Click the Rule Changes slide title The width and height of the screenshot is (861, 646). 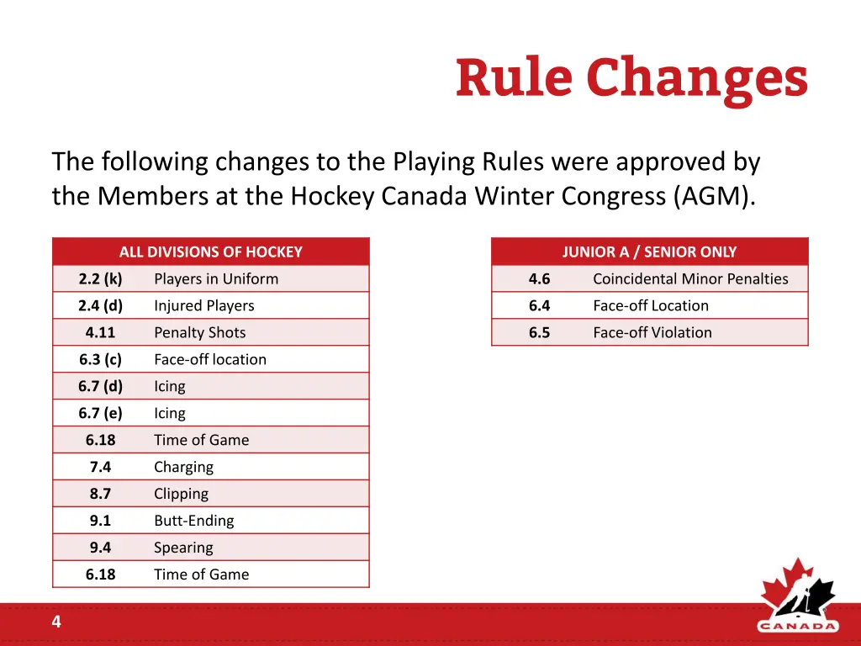pos(631,79)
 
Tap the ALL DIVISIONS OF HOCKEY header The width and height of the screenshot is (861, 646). pos(210,252)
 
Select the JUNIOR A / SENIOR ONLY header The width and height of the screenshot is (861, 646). pos(649,252)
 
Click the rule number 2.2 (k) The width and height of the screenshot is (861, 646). pos(100,278)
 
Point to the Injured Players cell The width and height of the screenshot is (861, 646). pos(203,305)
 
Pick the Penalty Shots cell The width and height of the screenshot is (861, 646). pos(199,332)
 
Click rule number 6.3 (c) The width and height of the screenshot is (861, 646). pos(100,359)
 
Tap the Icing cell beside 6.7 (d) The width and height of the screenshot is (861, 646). pos(169,386)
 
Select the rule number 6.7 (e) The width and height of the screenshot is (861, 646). pos(100,413)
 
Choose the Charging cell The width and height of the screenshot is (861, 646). pos(183,467)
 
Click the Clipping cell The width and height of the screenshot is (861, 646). pos(181,494)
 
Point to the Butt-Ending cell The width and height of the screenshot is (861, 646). pos(193,521)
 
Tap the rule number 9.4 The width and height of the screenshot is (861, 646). pos(100,548)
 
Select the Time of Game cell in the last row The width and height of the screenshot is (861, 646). pos(201,575)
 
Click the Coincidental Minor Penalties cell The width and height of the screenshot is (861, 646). pos(690,278)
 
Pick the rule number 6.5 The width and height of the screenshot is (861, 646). pos(539,332)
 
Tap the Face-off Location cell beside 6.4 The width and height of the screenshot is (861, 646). pos(650,305)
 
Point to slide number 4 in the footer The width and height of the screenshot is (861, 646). pos(56,622)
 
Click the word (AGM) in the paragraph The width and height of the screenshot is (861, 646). pos(713,196)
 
